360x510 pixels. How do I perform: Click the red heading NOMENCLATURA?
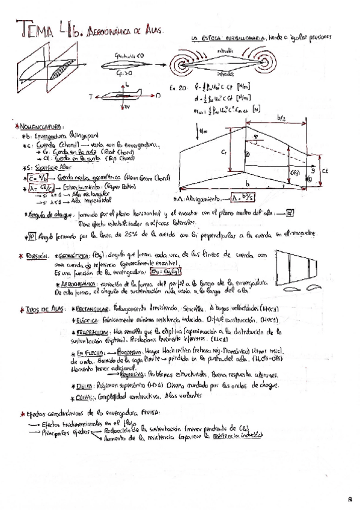pos(37,127)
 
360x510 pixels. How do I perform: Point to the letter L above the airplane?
pos(127,86)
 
